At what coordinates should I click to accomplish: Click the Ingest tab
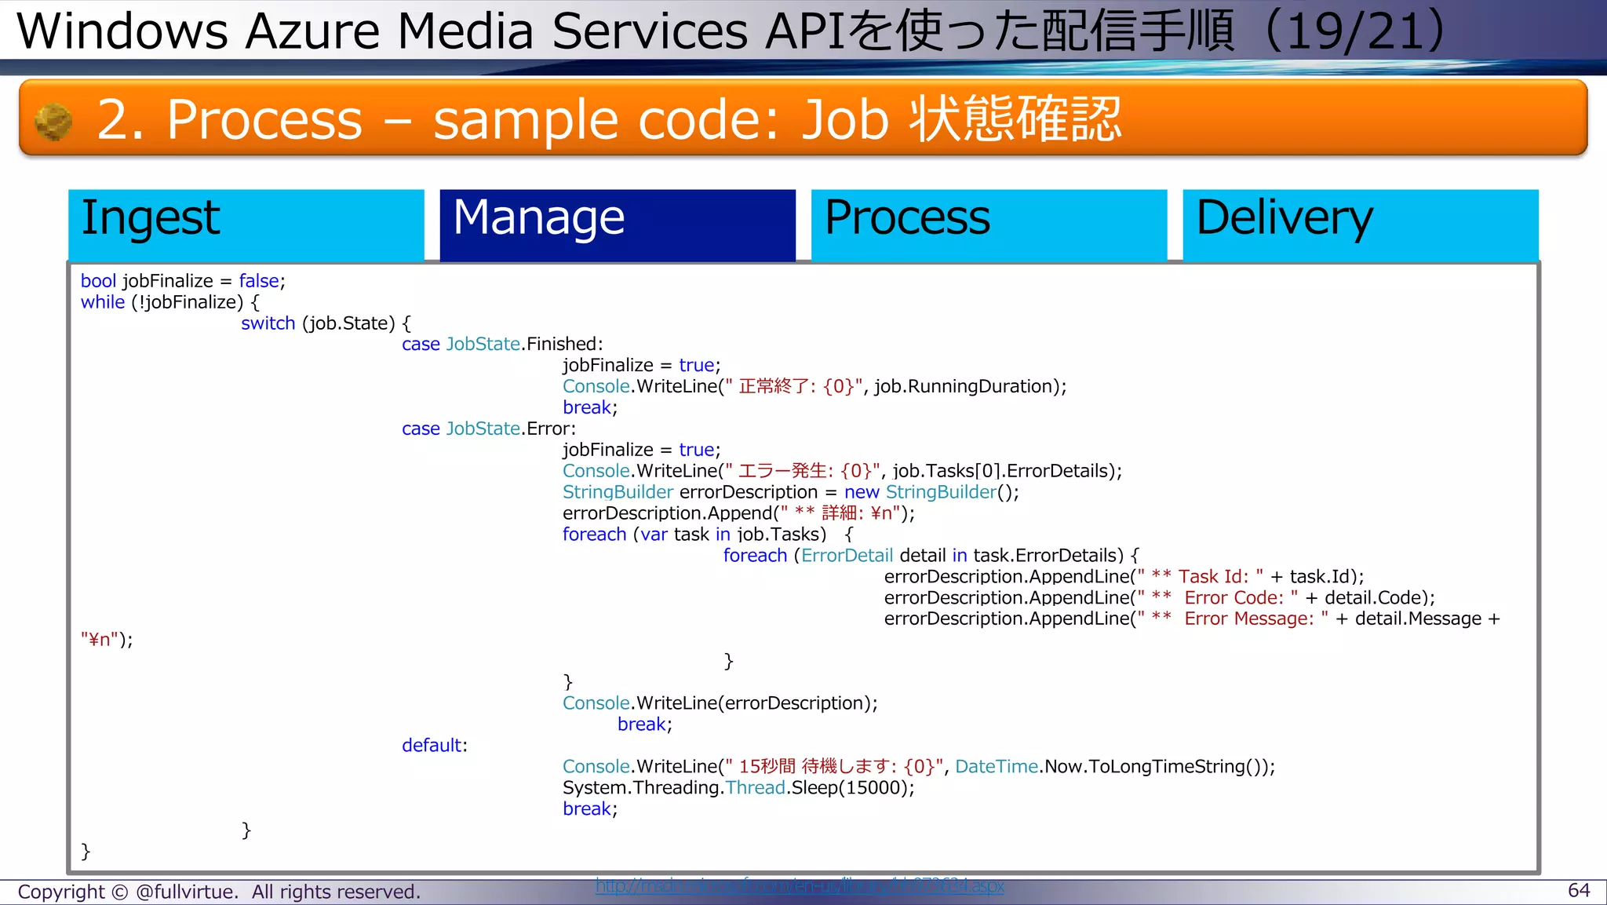(x=246, y=224)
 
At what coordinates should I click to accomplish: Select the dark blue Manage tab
(x=617, y=224)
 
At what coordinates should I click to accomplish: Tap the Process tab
(x=988, y=224)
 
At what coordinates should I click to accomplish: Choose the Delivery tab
(x=1359, y=224)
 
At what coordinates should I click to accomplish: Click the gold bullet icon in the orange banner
(x=53, y=122)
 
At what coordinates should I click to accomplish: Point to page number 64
(x=1578, y=890)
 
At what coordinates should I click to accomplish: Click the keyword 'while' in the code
(x=102, y=302)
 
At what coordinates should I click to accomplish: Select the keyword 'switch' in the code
(x=268, y=323)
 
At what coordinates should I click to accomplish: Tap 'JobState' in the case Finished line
(x=483, y=345)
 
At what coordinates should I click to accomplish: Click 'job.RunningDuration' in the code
(x=967, y=386)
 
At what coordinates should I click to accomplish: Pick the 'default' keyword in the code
(x=431, y=746)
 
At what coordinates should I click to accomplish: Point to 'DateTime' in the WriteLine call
(x=996, y=767)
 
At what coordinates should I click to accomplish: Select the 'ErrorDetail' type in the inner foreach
(x=847, y=556)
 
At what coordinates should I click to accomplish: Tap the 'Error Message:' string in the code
(x=1248, y=619)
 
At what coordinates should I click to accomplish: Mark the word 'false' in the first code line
(x=259, y=281)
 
